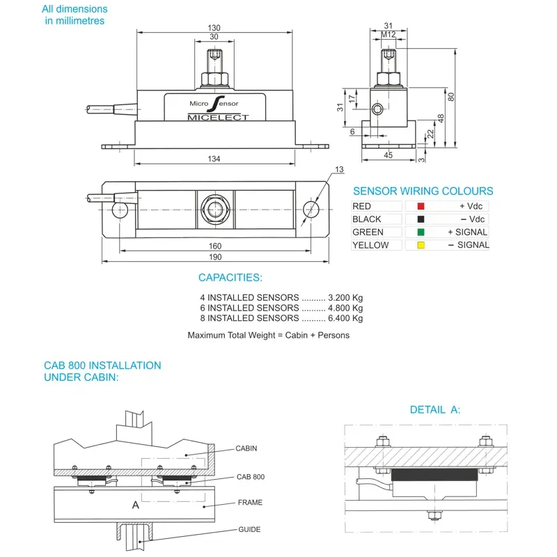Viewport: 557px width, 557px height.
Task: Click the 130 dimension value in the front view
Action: pos(214,28)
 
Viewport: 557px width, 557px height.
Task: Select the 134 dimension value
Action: pos(214,159)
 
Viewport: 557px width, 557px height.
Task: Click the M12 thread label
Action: pos(389,35)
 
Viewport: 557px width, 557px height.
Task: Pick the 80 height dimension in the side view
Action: pos(452,97)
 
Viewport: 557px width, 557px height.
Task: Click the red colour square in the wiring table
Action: pos(421,206)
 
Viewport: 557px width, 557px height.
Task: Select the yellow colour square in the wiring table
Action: pos(421,245)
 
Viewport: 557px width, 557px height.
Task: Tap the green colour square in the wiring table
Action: pos(421,232)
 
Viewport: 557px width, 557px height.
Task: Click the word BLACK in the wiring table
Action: pos(366,219)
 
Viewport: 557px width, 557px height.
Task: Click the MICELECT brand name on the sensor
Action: pos(218,117)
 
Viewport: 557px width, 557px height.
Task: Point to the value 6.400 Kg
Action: pos(346,318)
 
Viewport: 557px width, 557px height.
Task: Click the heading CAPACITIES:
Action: pos(230,278)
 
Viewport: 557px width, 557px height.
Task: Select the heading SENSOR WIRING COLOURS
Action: pos(423,191)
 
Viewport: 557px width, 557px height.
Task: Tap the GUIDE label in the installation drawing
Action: pos(249,530)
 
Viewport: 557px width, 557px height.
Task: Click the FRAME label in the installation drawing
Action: pos(250,502)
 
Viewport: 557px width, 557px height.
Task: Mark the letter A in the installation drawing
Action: pos(136,505)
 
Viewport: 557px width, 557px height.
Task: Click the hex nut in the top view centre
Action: pos(214,208)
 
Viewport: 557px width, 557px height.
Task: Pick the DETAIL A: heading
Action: pos(434,409)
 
